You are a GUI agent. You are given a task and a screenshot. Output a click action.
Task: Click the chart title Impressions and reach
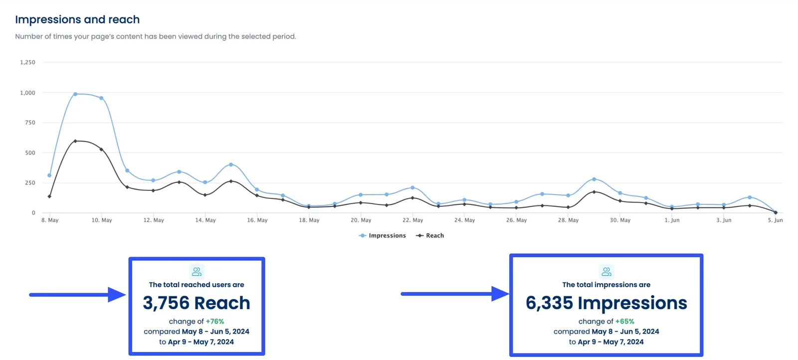point(77,19)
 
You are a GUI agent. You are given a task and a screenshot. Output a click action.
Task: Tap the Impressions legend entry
point(383,235)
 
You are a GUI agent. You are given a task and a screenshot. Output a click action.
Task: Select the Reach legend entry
point(430,235)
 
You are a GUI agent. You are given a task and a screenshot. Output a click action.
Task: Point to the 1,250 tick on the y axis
point(27,62)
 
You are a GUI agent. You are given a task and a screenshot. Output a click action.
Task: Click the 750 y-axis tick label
point(30,123)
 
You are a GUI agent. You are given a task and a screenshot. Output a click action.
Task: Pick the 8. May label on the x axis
point(50,220)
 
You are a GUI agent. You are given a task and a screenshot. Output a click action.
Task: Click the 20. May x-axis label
point(361,220)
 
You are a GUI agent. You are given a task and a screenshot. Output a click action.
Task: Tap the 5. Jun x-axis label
point(775,220)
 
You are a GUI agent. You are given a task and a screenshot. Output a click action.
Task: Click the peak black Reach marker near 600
point(75,141)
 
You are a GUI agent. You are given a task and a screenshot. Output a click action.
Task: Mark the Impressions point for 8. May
point(49,176)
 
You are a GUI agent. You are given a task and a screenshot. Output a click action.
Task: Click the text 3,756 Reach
point(197,303)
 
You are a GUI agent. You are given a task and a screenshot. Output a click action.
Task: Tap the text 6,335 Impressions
point(606,303)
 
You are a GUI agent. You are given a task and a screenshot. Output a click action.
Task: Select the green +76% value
point(215,322)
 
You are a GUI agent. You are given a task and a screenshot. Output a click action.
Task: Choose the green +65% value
point(624,322)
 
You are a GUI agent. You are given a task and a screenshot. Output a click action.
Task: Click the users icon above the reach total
point(197,271)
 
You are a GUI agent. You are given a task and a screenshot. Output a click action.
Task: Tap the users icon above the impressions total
point(606,271)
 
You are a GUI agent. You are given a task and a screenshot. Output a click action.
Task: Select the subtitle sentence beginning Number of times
point(155,36)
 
